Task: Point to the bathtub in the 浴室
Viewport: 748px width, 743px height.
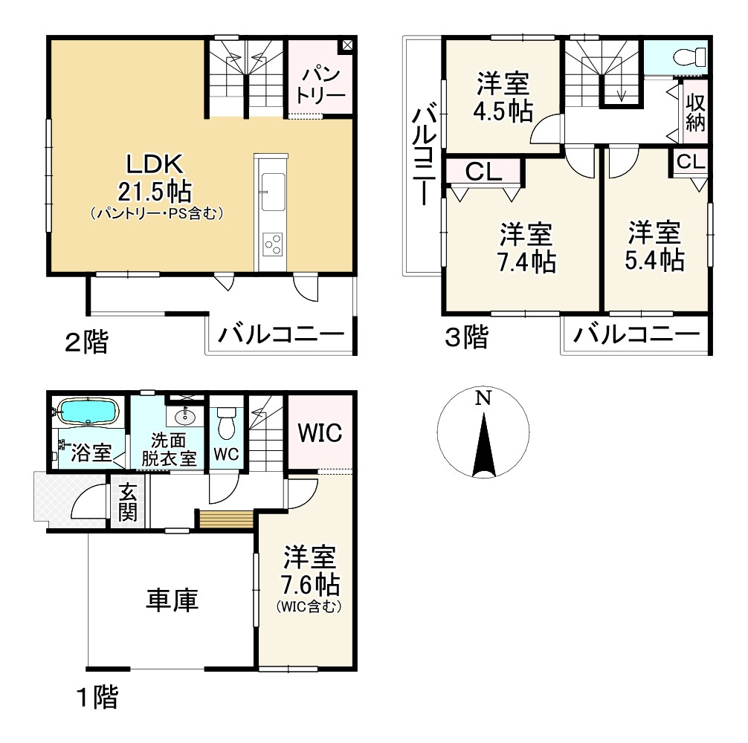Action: click(x=88, y=412)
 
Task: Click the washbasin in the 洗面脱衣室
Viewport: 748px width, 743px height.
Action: click(x=187, y=417)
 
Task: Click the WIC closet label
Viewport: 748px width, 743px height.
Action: click(x=320, y=432)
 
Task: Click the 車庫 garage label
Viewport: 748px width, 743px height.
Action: click(x=172, y=599)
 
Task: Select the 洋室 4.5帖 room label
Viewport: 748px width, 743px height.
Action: click(x=503, y=97)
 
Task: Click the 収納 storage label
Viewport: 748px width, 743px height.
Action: click(x=694, y=112)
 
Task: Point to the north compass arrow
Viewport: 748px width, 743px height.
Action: click(x=483, y=446)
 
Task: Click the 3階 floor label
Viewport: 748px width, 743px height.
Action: click(x=465, y=338)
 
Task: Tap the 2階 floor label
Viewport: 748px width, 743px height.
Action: click(x=86, y=343)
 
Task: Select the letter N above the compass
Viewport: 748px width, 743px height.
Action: click(x=483, y=398)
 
